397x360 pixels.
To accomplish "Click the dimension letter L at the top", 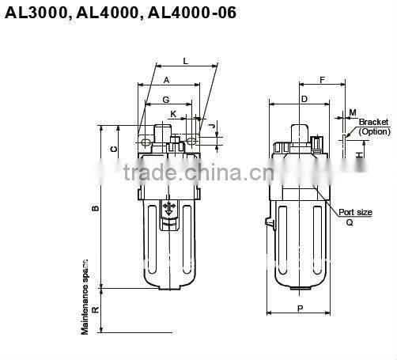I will tap(185, 61).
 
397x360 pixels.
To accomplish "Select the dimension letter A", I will tap(166, 81).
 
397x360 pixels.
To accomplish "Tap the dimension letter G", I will tap(165, 100).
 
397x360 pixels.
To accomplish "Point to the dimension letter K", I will tap(174, 116).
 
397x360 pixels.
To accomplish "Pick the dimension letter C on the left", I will tap(114, 149).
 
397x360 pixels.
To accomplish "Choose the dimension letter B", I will tap(95, 208).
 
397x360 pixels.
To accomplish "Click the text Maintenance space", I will tap(85, 296).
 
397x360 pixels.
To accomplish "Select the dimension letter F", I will tap(322, 80).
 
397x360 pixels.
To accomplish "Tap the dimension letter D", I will tap(304, 99).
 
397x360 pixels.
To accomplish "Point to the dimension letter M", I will tap(352, 112).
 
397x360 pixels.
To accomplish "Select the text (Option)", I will tap(374, 131).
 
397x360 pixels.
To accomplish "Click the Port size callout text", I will tap(355, 212).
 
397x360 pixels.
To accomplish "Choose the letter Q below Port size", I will tap(349, 222).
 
